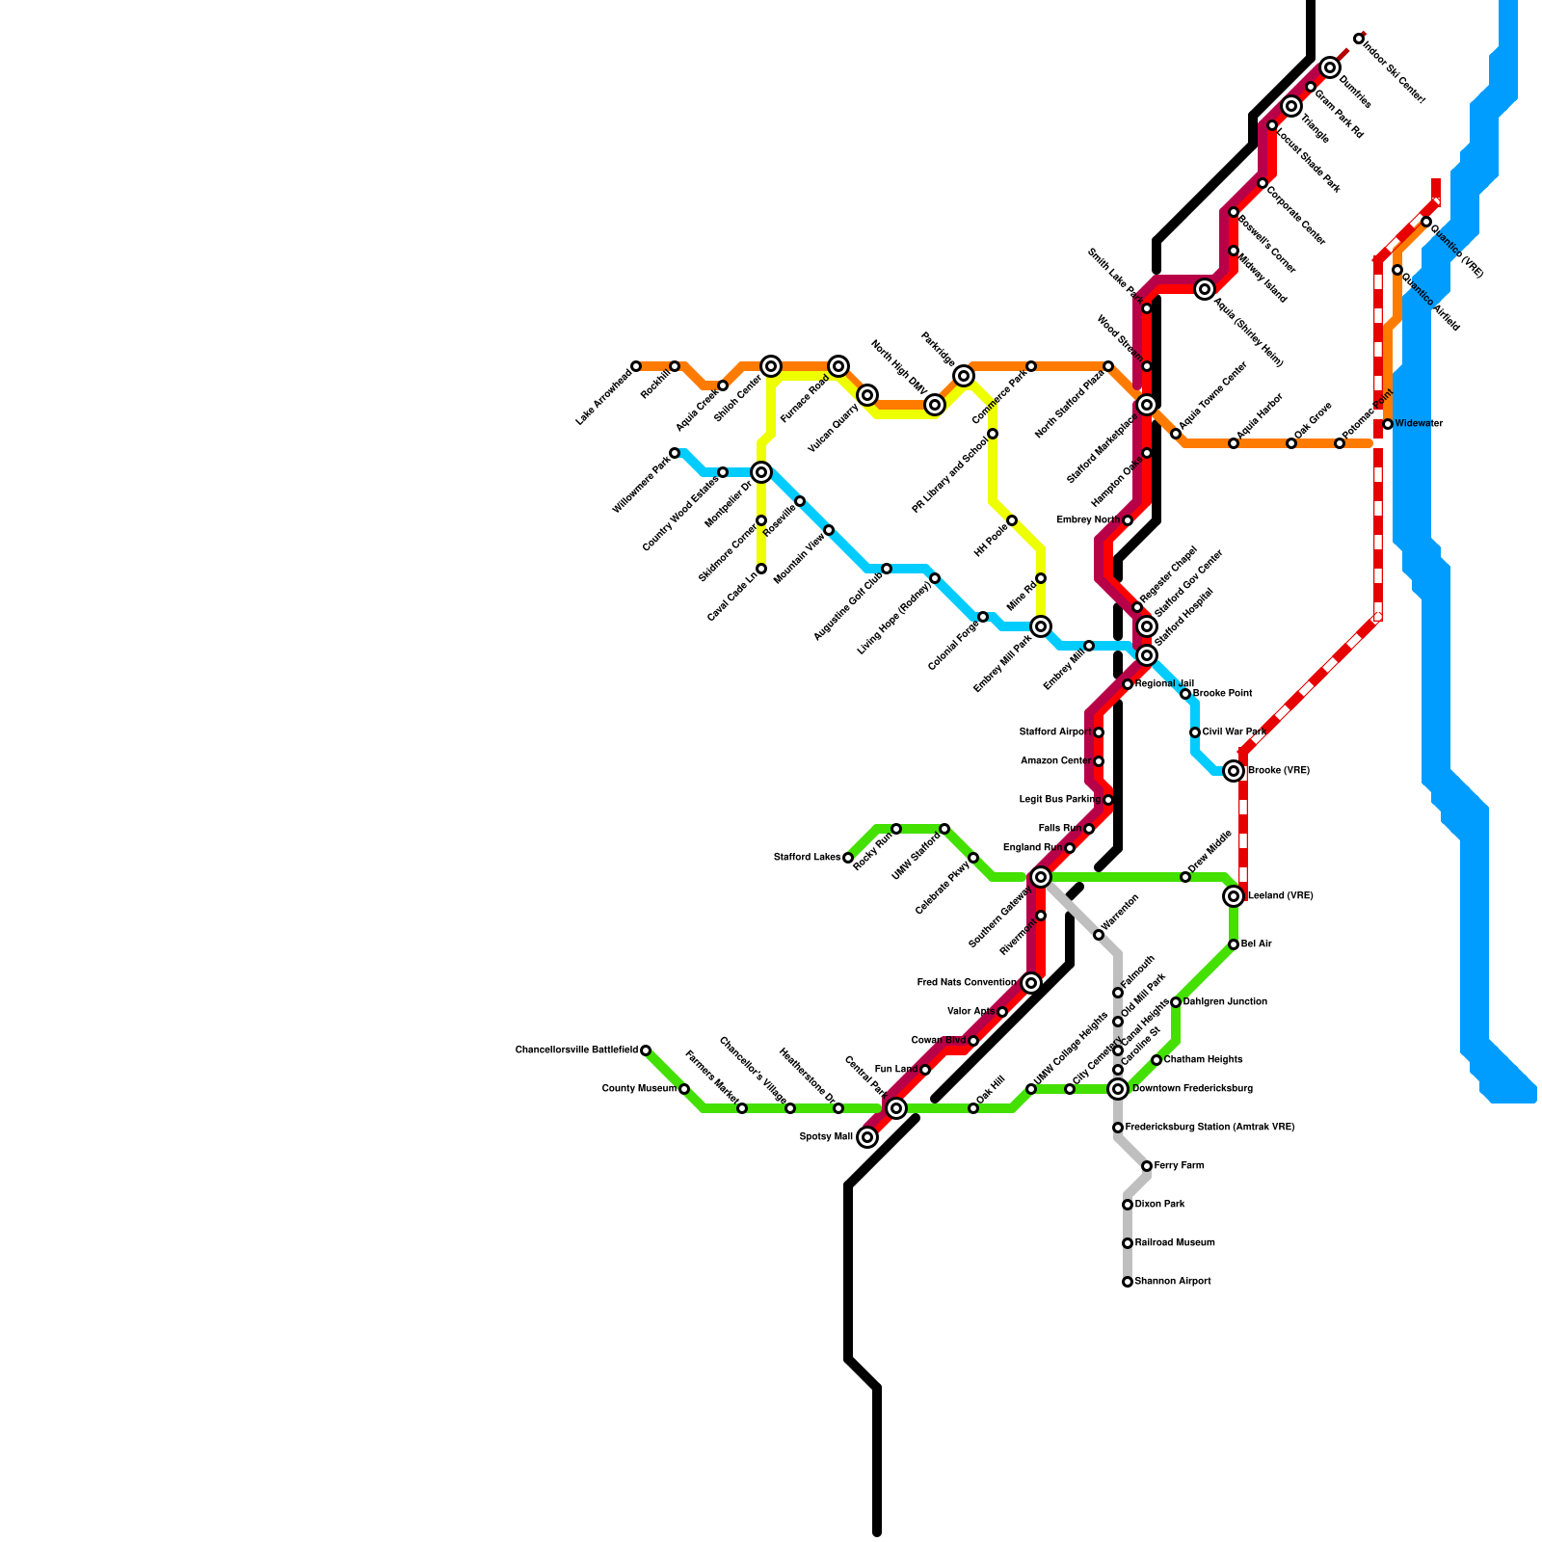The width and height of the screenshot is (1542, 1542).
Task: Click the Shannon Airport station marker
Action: (x=1128, y=1282)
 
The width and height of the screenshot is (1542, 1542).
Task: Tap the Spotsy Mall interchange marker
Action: (x=867, y=1137)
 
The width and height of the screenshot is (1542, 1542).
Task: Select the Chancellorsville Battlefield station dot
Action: (x=646, y=1050)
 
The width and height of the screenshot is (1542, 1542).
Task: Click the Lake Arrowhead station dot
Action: (x=636, y=366)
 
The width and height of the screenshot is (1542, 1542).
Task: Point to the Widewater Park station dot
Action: (x=675, y=453)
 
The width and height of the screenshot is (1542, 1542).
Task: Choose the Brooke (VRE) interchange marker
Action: (x=1234, y=771)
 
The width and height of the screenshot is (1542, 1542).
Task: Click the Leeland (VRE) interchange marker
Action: (x=1234, y=896)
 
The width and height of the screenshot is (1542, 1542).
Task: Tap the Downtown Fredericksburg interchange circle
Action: (x=1118, y=1089)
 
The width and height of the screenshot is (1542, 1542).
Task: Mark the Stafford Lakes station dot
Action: (x=848, y=858)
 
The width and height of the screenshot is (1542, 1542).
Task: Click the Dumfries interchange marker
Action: (x=1330, y=67)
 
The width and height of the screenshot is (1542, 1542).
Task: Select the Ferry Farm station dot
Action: (x=1147, y=1166)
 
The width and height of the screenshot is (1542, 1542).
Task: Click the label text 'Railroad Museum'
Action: (x=1175, y=1243)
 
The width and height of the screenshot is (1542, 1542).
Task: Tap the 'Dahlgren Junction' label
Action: (x=1225, y=1002)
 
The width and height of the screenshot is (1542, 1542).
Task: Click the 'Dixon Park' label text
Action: (x=1160, y=1205)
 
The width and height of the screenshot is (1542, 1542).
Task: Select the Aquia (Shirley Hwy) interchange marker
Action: (x=1205, y=289)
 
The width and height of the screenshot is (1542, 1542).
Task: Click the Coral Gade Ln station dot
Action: (x=761, y=569)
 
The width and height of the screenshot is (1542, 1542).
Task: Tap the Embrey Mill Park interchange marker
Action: (x=1041, y=626)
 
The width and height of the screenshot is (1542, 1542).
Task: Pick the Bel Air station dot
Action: (x=1234, y=944)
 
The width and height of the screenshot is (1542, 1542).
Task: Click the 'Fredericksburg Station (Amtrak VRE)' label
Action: (x=1210, y=1128)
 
